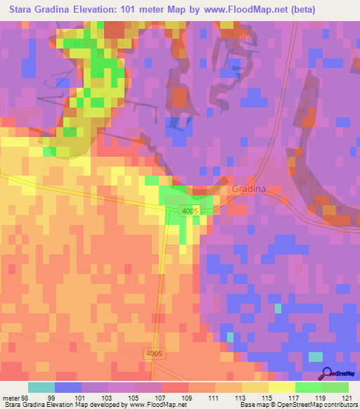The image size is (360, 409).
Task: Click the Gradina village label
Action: [x=250, y=190]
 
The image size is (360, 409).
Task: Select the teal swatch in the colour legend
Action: [x=41, y=387]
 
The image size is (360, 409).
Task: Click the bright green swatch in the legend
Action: [x=309, y=387]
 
